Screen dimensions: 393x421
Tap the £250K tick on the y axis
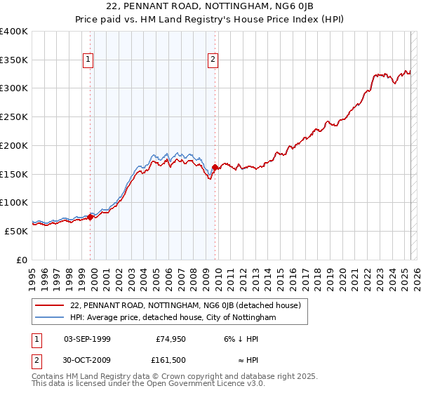pyautogui.click(x=14, y=116)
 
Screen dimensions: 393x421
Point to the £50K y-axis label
pyautogui.click(x=16, y=231)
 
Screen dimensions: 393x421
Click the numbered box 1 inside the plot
pyautogui.click(x=88, y=60)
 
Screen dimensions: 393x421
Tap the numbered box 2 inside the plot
pyautogui.click(x=212, y=60)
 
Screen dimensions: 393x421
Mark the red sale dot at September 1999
pyautogui.click(x=91, y=217)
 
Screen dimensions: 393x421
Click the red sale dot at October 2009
pyautogui.click(x=215, y=167)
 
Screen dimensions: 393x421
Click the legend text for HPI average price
pyautogui.click(x=173, y=317)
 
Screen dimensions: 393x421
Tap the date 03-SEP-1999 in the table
pyautogui.click(x=87, y=339)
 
